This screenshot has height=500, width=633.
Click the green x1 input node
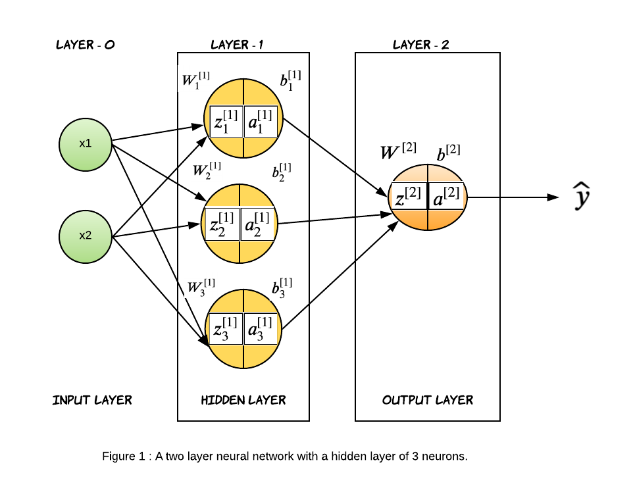click(86, 143)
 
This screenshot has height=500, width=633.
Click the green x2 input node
click(86, 236)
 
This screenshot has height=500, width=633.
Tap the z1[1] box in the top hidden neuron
click(226, 121)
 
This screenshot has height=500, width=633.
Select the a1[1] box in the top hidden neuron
click(261, 121)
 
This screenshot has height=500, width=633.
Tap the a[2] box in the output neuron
click(447, 196)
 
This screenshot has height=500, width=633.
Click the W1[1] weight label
click(195, 81)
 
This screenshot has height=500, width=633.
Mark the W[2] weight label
click(398, 152)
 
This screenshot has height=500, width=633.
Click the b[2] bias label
click(449, 153)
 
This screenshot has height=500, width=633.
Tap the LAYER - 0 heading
click(86, 45)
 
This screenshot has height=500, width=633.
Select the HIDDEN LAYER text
click(243, 400)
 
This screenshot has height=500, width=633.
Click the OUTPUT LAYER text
click(428, 400)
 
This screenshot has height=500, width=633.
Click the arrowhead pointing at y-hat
click(553, 197)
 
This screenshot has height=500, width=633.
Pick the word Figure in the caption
click(118, 457)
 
